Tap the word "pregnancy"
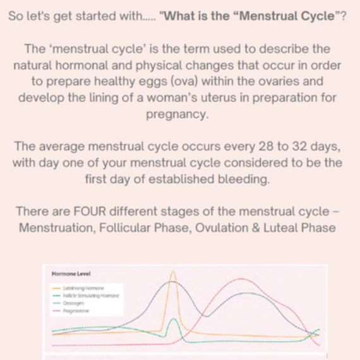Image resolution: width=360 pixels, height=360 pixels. pyautogui.click(x=179, y=114)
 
